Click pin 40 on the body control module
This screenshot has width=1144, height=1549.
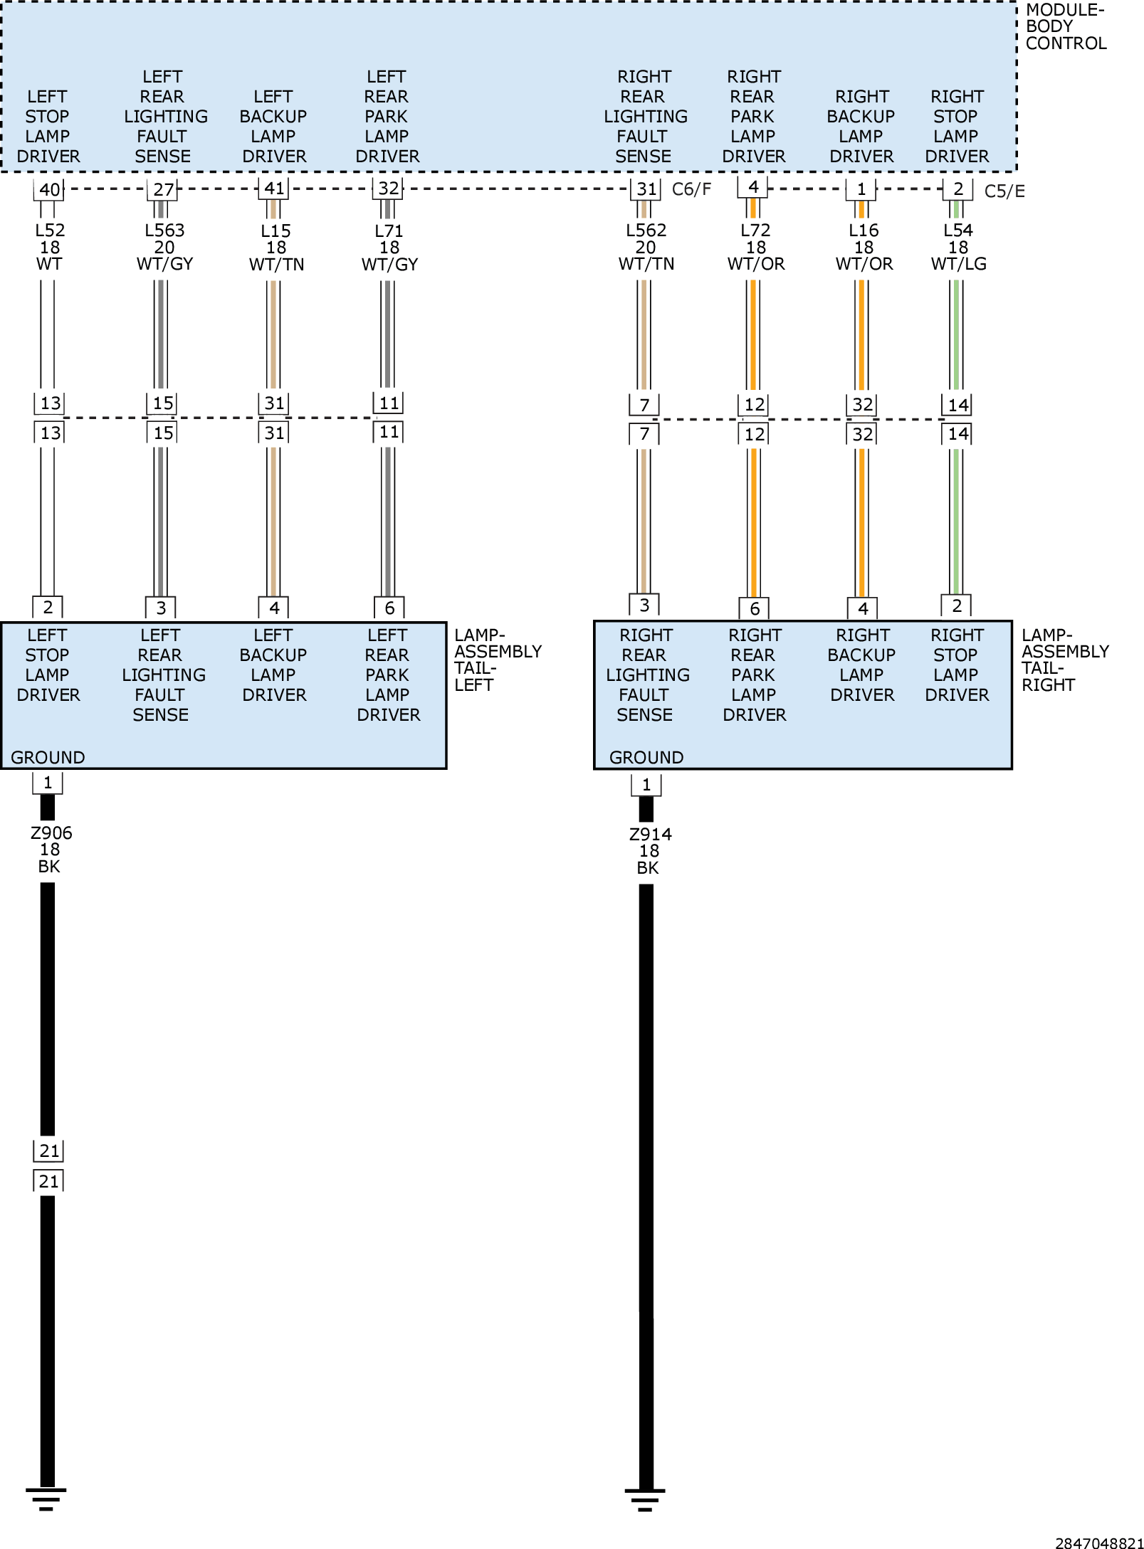pyautogui.click(x=49, y=190)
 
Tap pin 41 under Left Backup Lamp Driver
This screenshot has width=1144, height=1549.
pyautogui.click(x=274, y=189)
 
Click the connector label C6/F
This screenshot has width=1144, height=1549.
pyautogui.click(x=691, y=189)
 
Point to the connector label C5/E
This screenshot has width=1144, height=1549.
pyautogui.click(x=1004, y=191)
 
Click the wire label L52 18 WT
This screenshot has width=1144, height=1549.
pyautogui.click(x=50, y=247)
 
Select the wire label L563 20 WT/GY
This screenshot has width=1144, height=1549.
pyautogui.click(x=164, y=247)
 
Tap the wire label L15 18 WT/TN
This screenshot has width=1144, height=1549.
pyautogui.click(x=276, y=248)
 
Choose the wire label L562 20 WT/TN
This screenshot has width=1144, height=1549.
pyautogui.click(x=646, y=247)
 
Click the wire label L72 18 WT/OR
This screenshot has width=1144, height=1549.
pyautogui.click(x=756, y=247)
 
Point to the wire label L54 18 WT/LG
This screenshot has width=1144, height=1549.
pyautogui.click(x=958, y=247)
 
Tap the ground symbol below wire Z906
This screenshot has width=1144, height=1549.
pyautogui.click(x=46, y=1499)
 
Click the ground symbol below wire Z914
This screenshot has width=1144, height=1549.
pyautogui.click(x=645, y=1499)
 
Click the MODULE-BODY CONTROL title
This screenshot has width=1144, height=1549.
pyautogui.click(x=1066, y=26)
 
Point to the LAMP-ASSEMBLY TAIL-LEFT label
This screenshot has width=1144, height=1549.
pyautogui.click(x=498, y=660)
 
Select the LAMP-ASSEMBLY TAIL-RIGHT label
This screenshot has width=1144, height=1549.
pyautogui.click(x=1065, y=660)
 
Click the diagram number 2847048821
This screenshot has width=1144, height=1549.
pyautogui.click(x=1099, y=1543)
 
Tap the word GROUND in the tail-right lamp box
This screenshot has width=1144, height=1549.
pyautogui.click(x=646, y=757)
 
